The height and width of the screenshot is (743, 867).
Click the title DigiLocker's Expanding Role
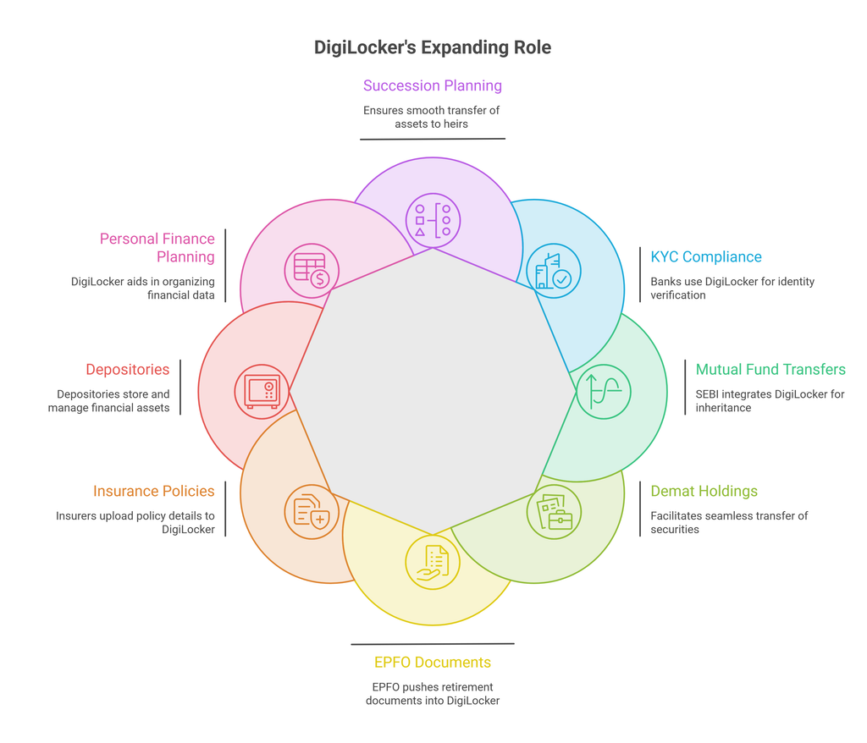click(x=433, y=47)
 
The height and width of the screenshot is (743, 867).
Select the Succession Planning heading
click(x=433, y=85)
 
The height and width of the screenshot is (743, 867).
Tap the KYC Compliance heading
click(x=706, y=257)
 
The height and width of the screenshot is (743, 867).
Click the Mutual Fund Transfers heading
click(x=770, y=369)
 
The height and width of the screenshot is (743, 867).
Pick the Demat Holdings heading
click(x=704, y=491)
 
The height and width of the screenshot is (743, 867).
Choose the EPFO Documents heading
click(x=433, y=663)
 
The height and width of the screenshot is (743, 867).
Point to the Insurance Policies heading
click(x=154, y=491)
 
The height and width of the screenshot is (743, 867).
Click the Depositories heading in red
click(x=128, y=369)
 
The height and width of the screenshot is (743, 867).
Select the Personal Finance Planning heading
click(x=157, y=248)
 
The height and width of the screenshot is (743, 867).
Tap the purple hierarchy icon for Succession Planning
click(x=433, y=221)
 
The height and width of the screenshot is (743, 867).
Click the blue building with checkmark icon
click(x=554, y=271)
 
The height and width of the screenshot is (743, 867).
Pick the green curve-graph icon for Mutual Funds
click(x=604, y=392)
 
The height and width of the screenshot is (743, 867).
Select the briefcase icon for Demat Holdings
click(x=554, y=512)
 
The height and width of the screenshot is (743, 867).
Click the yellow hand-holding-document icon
click(x=433, y=562)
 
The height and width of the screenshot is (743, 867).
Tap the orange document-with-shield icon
click(x=312, y=512)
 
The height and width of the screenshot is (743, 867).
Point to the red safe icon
click(x=262, y=392)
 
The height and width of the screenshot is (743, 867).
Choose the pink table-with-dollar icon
click(x=312, y=271)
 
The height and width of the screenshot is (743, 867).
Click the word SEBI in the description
click(x=707, y=394)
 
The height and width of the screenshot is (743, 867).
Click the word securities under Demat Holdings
click(x=675, y=530)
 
